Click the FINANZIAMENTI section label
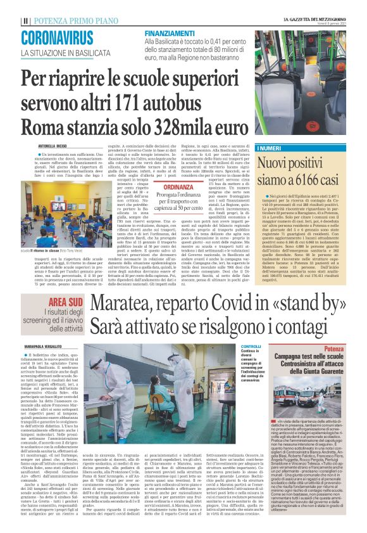(x=168, y=32)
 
